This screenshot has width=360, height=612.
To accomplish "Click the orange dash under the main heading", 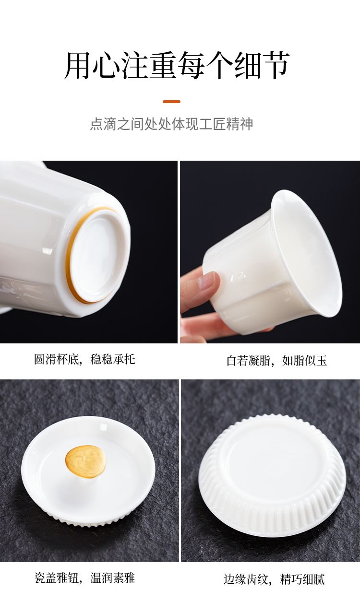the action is point(171,102).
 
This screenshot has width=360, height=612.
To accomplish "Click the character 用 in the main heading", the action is point(78,66).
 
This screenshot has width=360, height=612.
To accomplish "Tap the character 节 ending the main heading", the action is point(275,66).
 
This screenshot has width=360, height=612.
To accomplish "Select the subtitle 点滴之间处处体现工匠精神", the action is point(171,124).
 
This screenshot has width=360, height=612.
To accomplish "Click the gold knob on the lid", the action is point(85,462).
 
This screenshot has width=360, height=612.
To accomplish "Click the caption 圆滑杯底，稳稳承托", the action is point(84,359).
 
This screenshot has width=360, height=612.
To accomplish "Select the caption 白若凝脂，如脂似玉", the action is point(276,360).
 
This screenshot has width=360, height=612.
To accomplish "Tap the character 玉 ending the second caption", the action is point(322,360).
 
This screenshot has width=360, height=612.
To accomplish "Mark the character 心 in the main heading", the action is point(107,66).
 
